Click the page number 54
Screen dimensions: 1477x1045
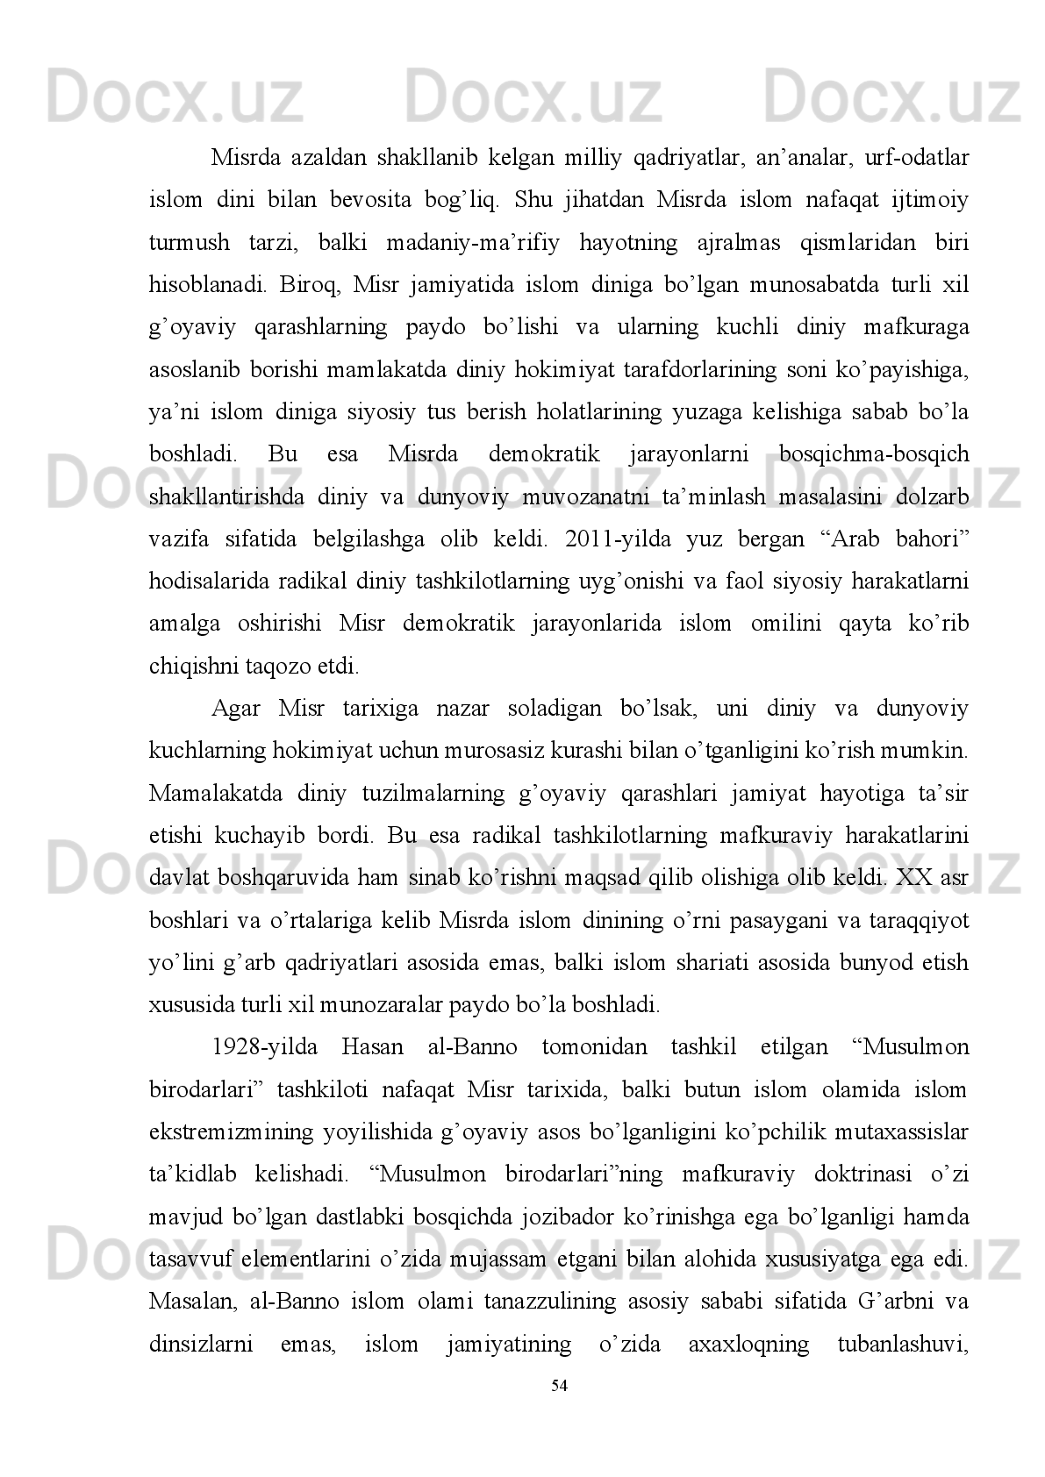coord(559,1386)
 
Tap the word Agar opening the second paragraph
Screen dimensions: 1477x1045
coord(236,709)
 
